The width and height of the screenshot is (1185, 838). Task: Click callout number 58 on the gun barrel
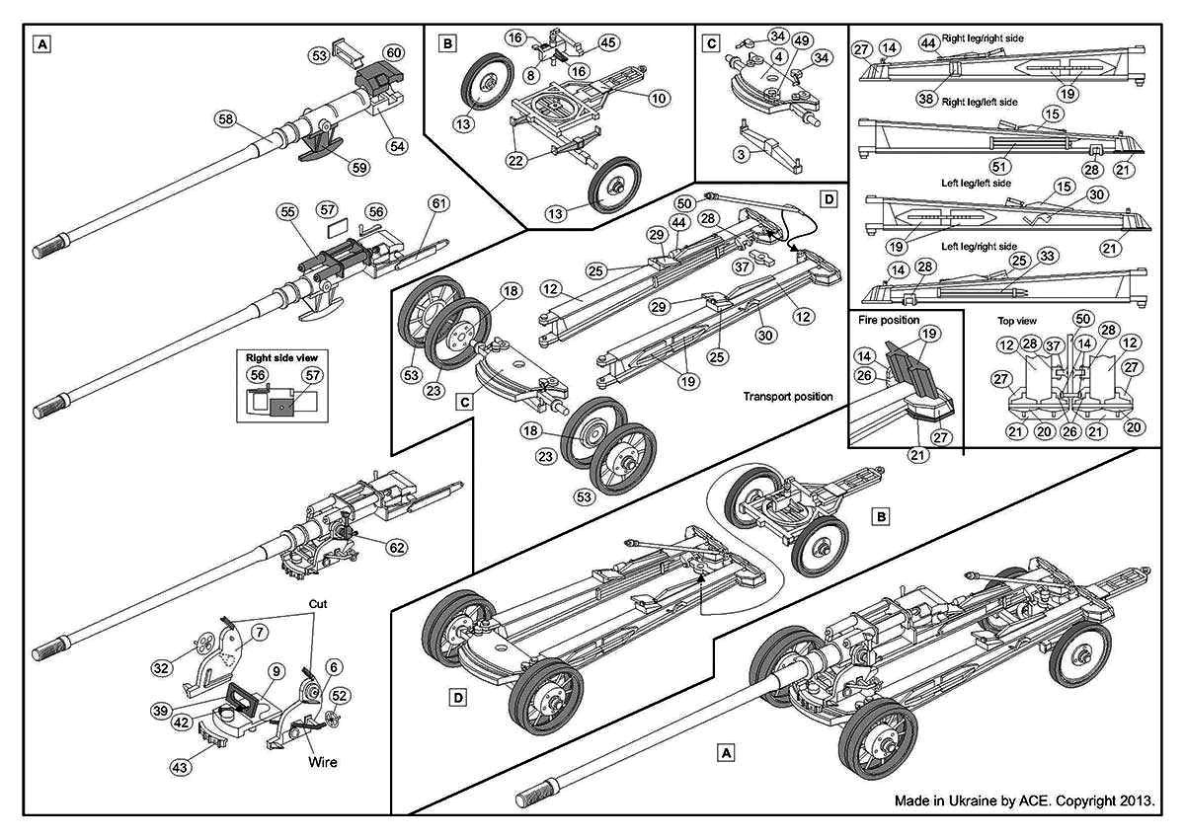click(x=227, y=119)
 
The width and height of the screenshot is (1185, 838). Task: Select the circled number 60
click(x=393, y=51)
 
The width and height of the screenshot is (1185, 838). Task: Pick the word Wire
click(x=321, y=761)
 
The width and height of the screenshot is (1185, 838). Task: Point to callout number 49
click(x=801, y=39)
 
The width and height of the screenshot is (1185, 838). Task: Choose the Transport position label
click(x=787, y=396)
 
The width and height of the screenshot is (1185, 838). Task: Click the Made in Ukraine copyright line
click(x=1024, y=800)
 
